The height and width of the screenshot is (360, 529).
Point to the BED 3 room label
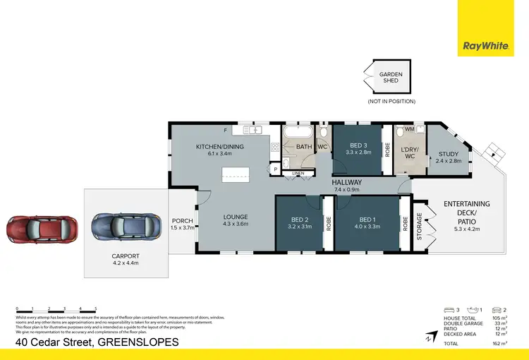358,148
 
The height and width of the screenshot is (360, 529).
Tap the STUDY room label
448,157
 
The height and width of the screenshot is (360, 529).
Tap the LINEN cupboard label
298,172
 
